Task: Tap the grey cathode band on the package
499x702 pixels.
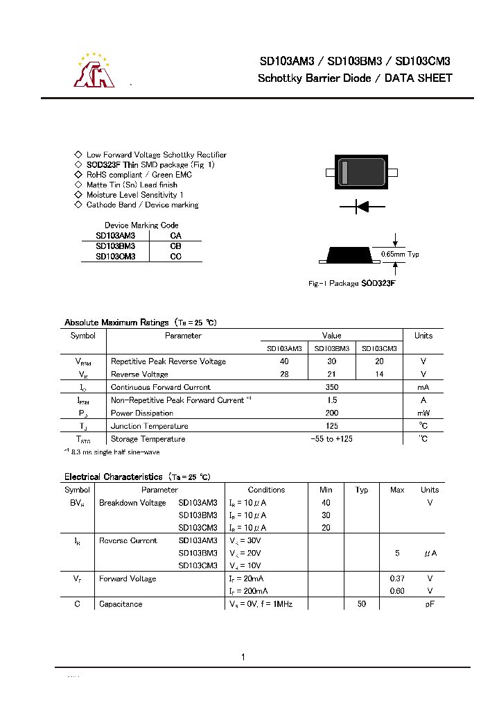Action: click(344, 172)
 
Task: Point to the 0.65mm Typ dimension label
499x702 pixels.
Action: click(400, 255)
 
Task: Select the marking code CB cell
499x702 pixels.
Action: click(176, 246)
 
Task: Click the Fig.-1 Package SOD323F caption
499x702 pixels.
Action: click(351, 284)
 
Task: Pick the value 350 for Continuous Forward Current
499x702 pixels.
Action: click(331, 387)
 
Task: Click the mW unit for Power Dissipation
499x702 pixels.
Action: click(423, 413)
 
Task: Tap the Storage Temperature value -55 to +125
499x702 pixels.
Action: click(331, 439)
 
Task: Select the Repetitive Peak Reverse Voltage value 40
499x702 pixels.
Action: click(284, 361)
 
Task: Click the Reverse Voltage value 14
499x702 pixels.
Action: click(379, 375)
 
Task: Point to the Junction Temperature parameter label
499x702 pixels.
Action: click(149, 426)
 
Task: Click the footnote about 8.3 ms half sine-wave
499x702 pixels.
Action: click(112, 452)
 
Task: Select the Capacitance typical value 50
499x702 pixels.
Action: click(361, 604)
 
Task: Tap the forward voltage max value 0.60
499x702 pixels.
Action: click(397, 591)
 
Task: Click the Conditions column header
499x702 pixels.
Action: click(266, 490)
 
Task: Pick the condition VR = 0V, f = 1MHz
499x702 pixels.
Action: click(261, 604)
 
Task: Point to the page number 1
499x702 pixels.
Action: click(243, 657)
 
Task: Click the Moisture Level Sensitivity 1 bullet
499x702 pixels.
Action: click(134, 195)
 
